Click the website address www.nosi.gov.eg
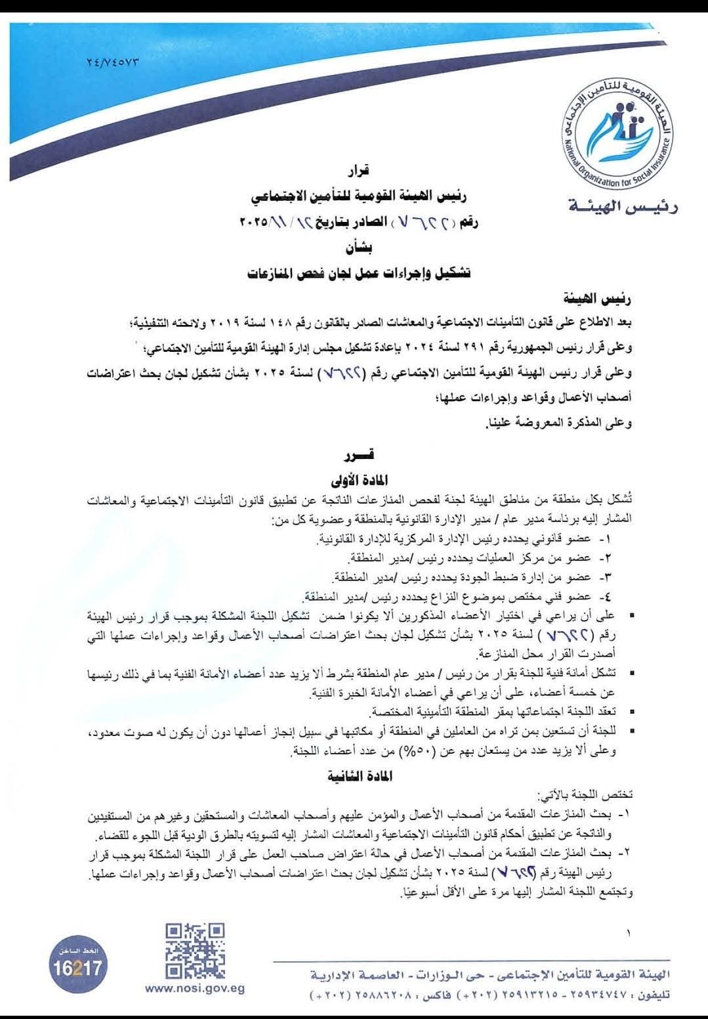[x=195, y=989]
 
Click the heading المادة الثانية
[x=360, y=776]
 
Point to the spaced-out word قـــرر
[x=360, y=455]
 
